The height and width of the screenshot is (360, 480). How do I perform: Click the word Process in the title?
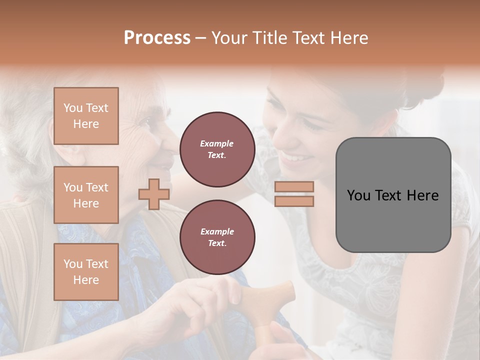coord(157,37)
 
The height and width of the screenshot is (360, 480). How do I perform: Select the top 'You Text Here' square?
coord(86,116)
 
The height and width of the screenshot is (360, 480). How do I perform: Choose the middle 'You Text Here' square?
coord(86,195)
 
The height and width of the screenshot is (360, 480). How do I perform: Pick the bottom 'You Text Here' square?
coord(86,272)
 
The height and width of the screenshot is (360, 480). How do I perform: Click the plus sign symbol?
coord(154,194)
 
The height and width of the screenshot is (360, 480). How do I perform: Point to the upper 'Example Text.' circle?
coord(217,149)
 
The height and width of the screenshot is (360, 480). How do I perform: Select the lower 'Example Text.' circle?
coord(217,237)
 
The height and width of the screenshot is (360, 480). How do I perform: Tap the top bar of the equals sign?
coord(294,186)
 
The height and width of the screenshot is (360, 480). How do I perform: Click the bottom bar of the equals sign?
coord(294,201)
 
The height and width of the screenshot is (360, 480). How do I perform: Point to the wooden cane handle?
coord(272,295)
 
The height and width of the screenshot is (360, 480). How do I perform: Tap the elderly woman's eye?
coord(145,121)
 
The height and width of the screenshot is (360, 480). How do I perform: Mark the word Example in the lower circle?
coord(217,231)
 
